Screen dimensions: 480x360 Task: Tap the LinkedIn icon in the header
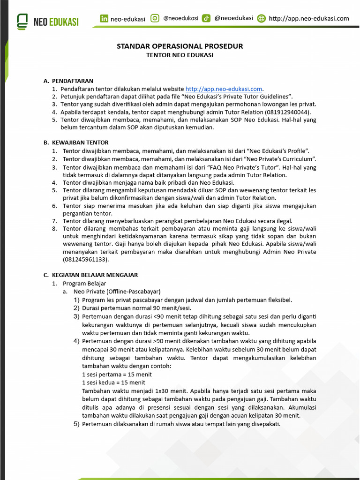(x=104, y=19)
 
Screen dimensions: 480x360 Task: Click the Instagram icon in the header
(x=155, y=19)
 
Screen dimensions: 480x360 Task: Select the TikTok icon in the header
(x=206, y=19)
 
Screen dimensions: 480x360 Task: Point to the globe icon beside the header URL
(x=262, y=19)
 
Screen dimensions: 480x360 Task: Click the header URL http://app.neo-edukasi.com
(x=309, y=19)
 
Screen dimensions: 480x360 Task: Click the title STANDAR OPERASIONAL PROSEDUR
(x=180, y=46)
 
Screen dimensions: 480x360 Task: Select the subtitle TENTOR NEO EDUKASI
(x=180, y=55)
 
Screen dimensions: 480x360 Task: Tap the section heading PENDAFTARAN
(x=73, y=81)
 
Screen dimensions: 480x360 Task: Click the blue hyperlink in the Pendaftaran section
(x=224, y=89)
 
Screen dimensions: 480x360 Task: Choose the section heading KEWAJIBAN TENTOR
(x=80, y=142)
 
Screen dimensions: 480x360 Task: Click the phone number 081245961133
(x=85, y=259)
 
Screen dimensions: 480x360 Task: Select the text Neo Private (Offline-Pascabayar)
(x=117, y=292)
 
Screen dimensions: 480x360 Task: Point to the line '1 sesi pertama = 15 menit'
(x=117, y=375)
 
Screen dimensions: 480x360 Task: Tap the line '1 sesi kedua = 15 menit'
(x=113, y=382)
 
